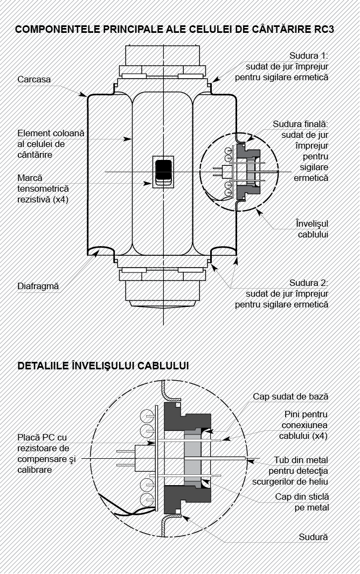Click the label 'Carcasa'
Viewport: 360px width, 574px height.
34,80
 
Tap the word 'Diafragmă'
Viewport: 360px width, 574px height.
38,286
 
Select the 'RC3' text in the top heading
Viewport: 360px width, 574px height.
324,29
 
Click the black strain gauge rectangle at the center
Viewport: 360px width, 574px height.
163,169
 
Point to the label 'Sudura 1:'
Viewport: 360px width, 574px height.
309,55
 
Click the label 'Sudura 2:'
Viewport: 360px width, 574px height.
309,283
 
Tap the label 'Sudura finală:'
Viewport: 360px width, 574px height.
300,124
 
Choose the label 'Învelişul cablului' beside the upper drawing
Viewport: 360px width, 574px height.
313,229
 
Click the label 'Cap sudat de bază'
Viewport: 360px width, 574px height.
290,396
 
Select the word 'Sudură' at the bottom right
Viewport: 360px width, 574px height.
313,537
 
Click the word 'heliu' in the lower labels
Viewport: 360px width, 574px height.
318,482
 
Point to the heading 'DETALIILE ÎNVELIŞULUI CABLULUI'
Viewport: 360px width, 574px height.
103,366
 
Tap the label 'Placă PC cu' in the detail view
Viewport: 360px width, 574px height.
42,437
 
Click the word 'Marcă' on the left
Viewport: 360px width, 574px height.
30,178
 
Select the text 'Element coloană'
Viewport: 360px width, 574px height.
51,133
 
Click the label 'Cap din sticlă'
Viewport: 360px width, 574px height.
302,497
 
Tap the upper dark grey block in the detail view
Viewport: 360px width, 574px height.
187,417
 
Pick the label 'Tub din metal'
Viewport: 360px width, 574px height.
301,460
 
